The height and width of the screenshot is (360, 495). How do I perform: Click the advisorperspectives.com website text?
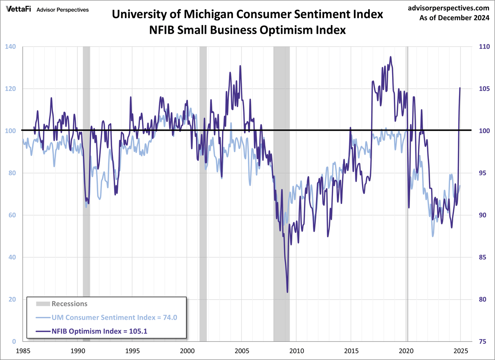[x=448, y=8]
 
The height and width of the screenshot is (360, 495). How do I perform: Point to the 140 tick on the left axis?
[x=10, y=47]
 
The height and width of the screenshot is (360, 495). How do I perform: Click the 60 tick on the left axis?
[x=12, y=215]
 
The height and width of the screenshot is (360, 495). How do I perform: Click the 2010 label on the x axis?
[x=296, y=351]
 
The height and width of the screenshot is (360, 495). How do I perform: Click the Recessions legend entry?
[x=69, y=304]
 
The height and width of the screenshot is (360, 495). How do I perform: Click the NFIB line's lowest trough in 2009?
[x=287, y=292]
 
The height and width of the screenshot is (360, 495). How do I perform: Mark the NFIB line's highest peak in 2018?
[x=391, y=57]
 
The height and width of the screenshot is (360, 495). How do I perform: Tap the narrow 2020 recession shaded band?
[x=407, y=194]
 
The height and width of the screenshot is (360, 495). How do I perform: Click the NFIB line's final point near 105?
[x=460, y=88]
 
